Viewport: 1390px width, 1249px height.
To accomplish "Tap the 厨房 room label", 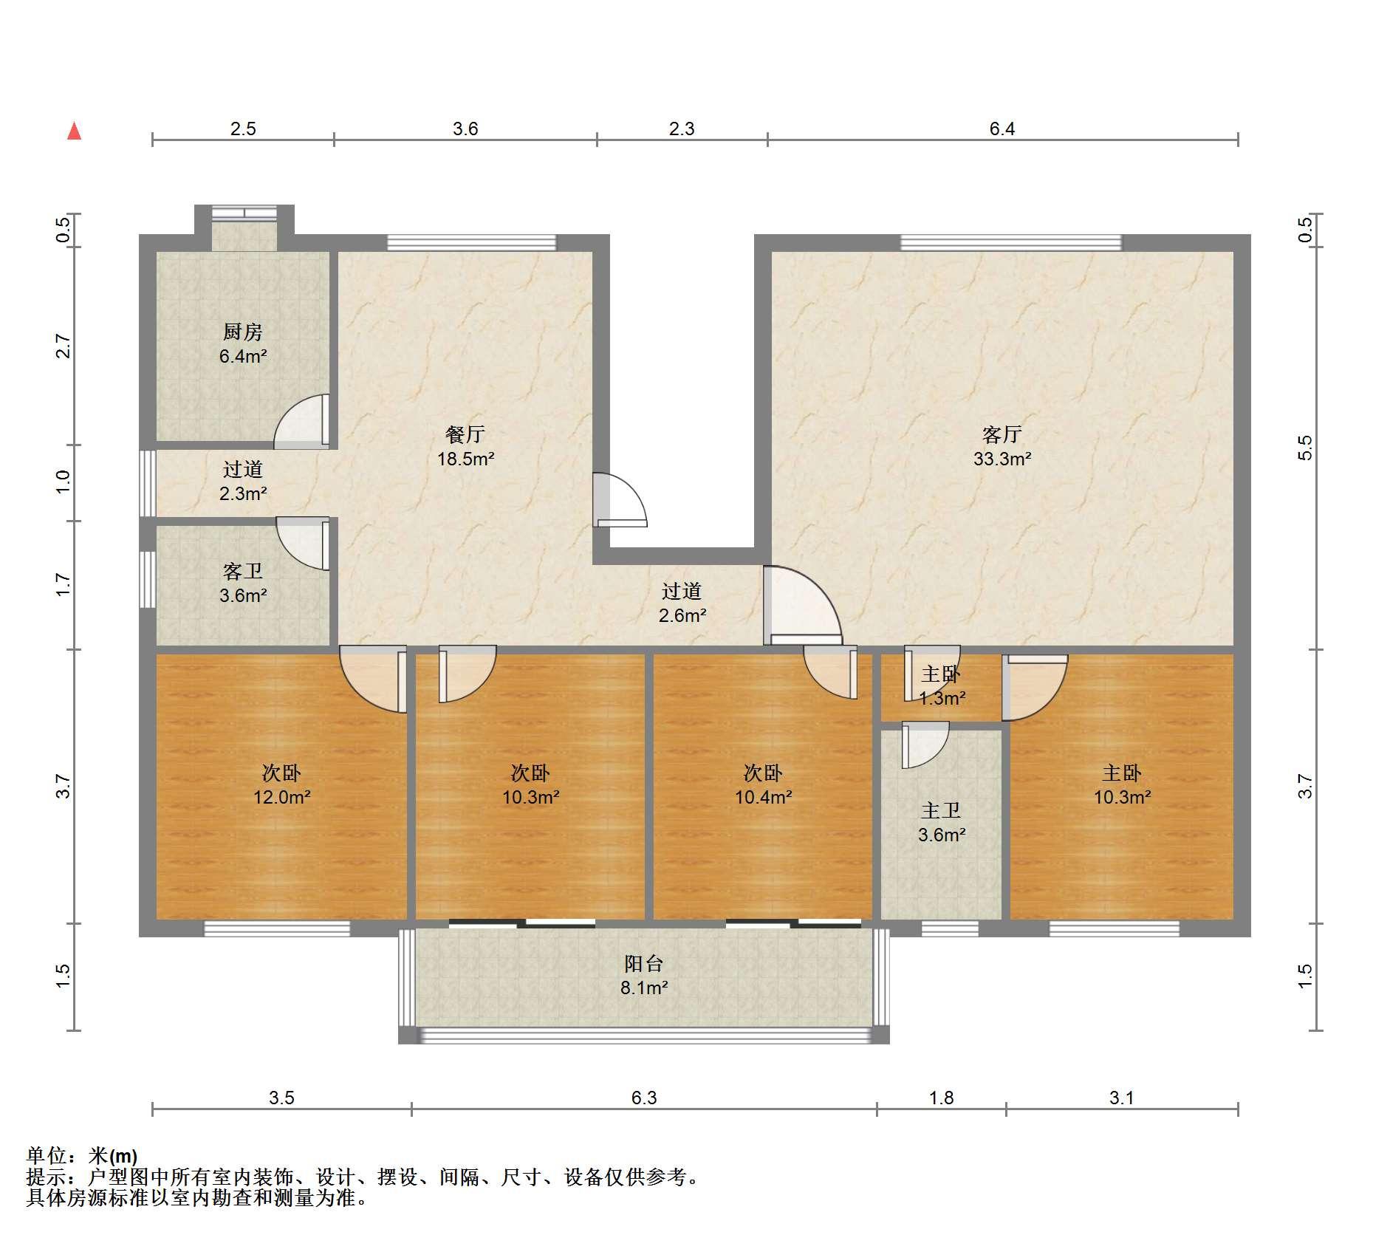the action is tap(242, 332).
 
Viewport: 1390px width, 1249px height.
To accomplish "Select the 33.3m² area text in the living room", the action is tap(1002, 459).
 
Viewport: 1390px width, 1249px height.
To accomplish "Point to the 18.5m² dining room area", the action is tap(465, 459).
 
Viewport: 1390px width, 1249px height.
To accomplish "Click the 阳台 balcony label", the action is tap(644, 963).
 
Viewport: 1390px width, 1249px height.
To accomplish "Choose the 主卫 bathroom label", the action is tap(941, 811).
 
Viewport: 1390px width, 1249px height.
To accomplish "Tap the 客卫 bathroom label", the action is tap(242, 571).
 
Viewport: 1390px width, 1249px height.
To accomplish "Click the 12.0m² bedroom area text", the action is tap(281, 797).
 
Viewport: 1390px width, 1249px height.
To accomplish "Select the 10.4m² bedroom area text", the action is tap(763, 797).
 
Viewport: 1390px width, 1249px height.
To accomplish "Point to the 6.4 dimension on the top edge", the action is tap(1002, 129).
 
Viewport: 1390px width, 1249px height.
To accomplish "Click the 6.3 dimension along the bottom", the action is tap(644, 1098).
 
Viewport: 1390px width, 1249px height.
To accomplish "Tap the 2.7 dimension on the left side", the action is tap(64, 346).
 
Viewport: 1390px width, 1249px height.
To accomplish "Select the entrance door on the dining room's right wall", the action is tap(619, 499).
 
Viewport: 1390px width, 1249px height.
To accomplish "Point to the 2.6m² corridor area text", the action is tap(682, 615).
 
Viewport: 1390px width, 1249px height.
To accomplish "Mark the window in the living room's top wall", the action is tap(1010, 242).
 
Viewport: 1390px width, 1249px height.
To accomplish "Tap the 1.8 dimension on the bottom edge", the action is tap(942, 1098).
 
